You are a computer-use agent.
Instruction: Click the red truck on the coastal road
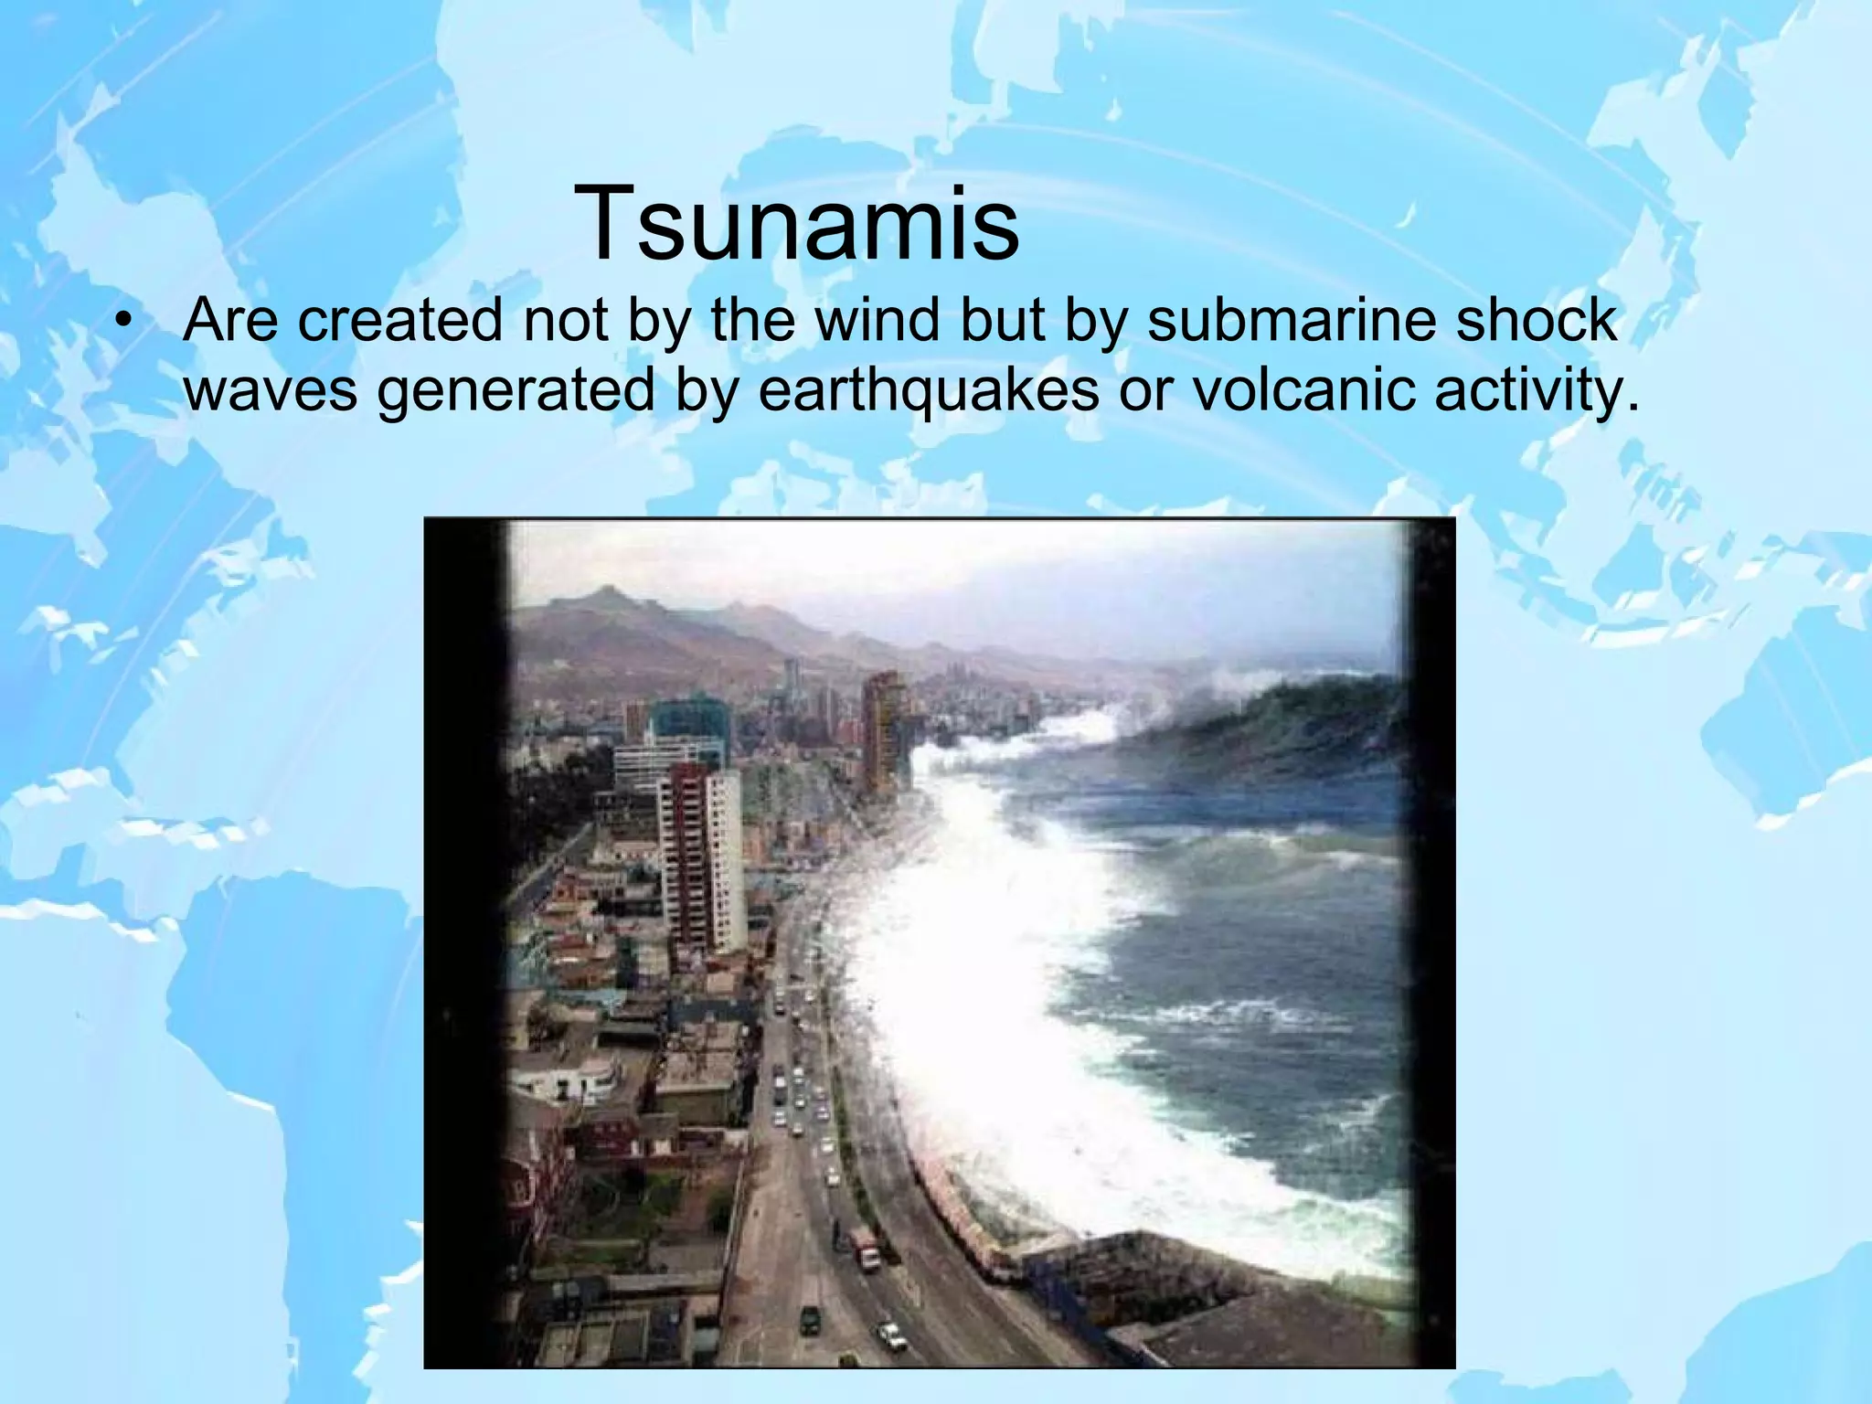pyautogui.click(x=866, y=1247)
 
